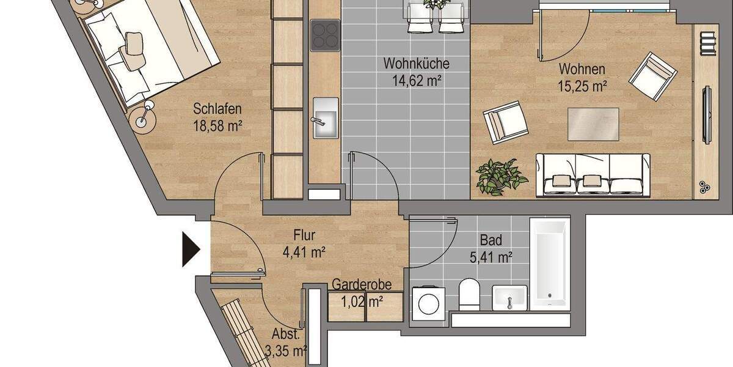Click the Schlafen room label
point(217,109)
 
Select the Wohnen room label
point(582,70)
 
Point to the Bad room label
point(490,241)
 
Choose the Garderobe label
point(362,284)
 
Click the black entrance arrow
point(191,248)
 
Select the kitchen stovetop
point(325,35)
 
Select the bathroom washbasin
point(509,298)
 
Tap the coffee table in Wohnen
point(593,123)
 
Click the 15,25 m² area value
point(582,86)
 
